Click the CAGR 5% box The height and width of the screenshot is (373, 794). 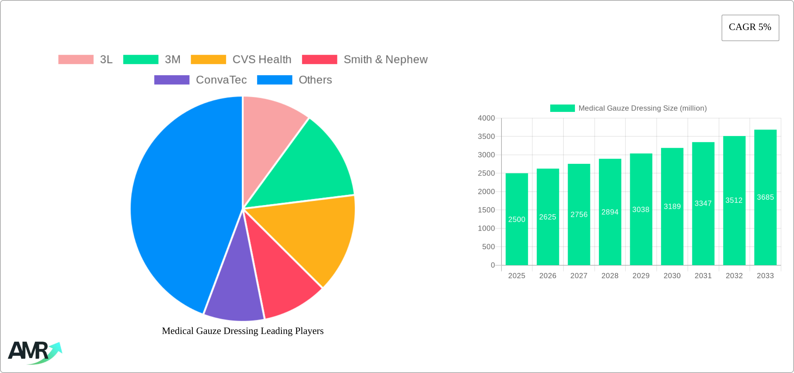[x=750, y=28]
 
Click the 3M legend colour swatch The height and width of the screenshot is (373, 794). [x=141, y=60]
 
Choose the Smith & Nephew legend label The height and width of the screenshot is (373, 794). [x=386, y=60]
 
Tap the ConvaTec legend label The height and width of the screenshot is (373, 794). [x=221, y=80]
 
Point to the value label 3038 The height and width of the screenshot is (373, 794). [x=641, y=210]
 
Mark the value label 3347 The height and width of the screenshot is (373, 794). [x=703, y=203]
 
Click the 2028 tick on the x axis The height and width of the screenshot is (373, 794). [x=610, y=276]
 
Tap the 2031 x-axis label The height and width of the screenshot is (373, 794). [x=703, y=276]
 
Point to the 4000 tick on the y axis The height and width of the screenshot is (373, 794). [x=486, y=118]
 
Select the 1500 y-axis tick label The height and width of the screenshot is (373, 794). [x=486, y=210]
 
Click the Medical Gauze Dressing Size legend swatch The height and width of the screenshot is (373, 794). [x=562, y=108]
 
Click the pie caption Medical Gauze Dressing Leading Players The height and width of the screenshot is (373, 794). [x=243, y=331]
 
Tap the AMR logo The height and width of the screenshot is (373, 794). [x=34, y=352]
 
